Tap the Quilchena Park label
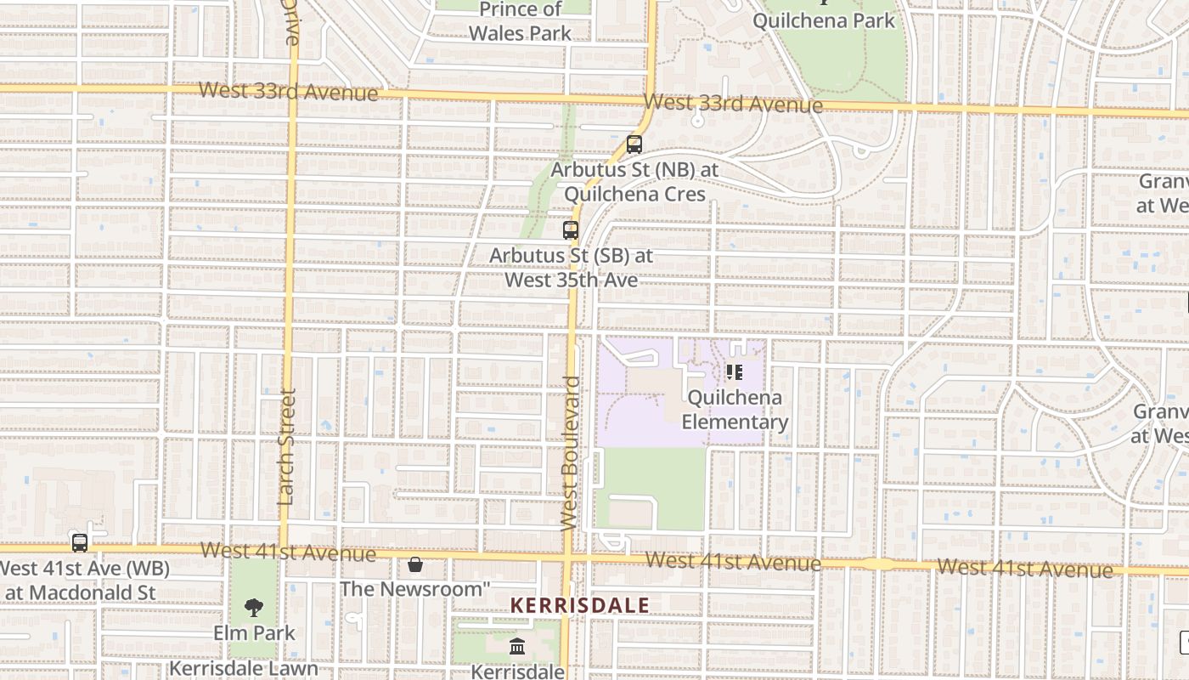coord(824,20)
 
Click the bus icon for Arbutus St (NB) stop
coord(634,144)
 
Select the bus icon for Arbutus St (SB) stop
coord(571,230)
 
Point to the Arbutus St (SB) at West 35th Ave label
coord(571,267)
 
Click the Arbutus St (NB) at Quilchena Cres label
coord(634,182)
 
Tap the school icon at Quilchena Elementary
coord(735,372)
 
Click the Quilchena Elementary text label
coord(735,410)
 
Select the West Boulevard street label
coord(571,454)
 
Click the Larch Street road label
coord(286,446)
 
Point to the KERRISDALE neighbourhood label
coord(579,605)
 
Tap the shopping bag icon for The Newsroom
coord(415,564)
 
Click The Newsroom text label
coord(415,588)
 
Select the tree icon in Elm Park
coord(253,607)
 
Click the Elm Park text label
coord(254,632)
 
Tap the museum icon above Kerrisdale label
coord(517,648)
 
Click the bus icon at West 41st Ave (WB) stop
coord(80,542)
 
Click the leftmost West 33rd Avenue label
coord(288,91)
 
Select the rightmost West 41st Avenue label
coord(1024,567)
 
